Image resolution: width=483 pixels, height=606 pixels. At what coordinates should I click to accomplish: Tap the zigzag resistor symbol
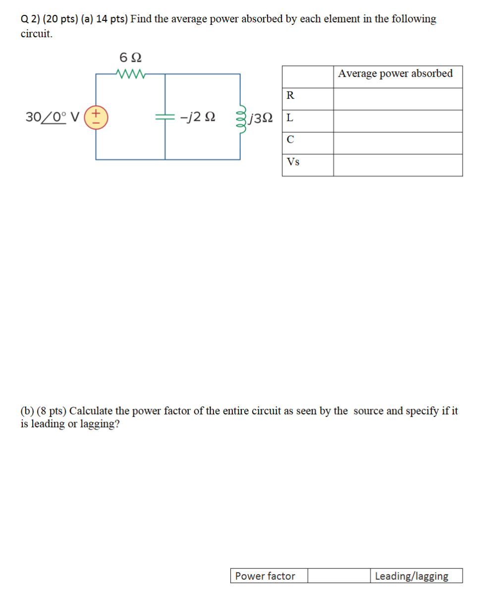point(130,74)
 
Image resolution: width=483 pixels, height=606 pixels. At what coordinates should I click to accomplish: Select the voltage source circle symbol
point(96,117)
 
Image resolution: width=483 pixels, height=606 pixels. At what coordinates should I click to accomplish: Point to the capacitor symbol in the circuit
point(165,117)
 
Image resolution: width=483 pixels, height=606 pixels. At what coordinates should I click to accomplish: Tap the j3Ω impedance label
point(262,118)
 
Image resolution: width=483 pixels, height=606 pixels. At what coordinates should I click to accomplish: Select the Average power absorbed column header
point(395,74)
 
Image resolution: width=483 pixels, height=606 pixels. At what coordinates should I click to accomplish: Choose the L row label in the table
point(290,118)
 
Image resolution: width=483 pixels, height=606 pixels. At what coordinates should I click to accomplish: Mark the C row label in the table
point(290,140)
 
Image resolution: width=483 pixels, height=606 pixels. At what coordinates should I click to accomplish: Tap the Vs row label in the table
point(293,162)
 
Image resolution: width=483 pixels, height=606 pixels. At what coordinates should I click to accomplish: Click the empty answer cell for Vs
point(398,165)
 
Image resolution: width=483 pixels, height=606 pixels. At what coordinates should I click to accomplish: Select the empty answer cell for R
point(398,99)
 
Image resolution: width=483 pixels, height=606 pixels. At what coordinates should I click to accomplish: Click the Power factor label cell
point(265,576)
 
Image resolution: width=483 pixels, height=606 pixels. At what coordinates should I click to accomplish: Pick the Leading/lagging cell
point(412,576)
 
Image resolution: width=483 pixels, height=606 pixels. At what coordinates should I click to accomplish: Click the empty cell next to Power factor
point(339,576)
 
